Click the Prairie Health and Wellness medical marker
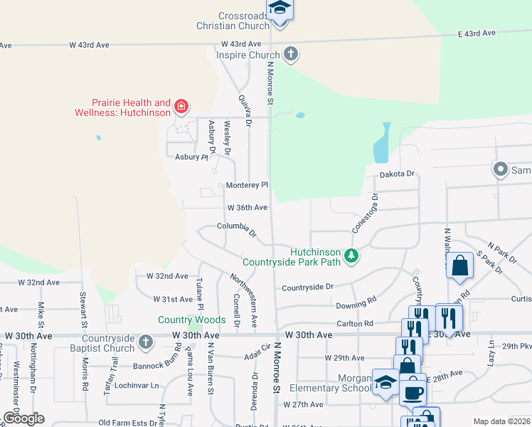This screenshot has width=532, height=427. click(181, 107)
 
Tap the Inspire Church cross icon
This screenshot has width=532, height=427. click(289, 53)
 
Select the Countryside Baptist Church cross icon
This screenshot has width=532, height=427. click(145, 342)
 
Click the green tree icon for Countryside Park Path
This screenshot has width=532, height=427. click(350, 255)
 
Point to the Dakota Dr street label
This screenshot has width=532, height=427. click(397, 174)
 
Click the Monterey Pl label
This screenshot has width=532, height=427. click(247, 185)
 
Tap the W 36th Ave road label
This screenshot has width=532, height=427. click(247, 208)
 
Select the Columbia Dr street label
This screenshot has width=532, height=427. click(236, 228)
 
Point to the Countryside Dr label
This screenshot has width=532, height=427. click(307, 287)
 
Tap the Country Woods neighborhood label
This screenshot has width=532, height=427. click(191, 320)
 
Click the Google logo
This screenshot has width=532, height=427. click(23, 418)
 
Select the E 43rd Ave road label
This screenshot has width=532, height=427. click(477, 33)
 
